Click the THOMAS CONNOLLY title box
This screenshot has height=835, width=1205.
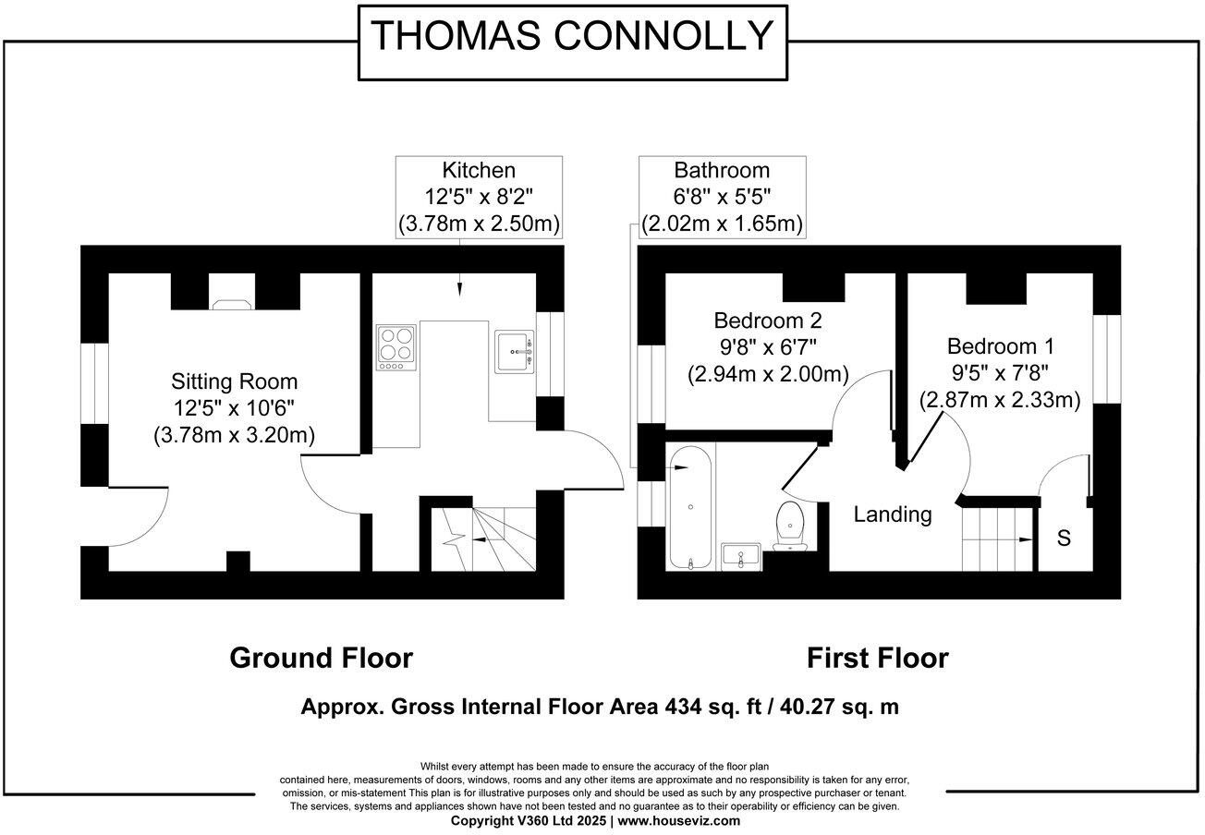point(572,38)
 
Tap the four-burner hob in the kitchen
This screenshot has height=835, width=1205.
point(396,346)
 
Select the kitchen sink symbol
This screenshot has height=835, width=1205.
point(515,351)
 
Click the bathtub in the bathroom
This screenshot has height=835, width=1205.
point(690,507)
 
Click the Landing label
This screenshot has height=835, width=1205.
point(892,514)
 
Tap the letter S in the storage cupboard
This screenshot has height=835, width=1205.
point(1064,538)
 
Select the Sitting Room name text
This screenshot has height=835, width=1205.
point(235,381)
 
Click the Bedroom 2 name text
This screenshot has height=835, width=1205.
point(767,321)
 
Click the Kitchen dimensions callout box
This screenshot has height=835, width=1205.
point(479,197)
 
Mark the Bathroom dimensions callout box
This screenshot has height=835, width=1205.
point(722,197)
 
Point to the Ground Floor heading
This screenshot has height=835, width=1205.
point(321,658)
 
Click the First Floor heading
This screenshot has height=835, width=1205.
point(877,658)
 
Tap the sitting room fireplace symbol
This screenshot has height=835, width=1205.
point(231,301)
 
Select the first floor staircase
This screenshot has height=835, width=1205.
point(996,540)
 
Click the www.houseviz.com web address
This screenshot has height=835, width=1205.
point(678,820)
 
